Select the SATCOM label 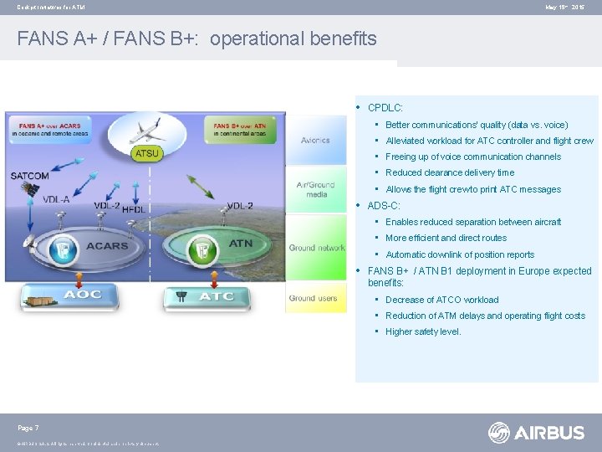(30, 175)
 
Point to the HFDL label (134, 209)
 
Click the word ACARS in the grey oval (107, 247)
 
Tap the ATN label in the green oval (241, 244)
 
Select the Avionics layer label (315, 141)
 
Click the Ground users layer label (314, 298)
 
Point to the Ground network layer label (317, 248)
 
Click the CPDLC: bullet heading (385, 108)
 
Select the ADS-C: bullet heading (384, 206)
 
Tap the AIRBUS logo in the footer (536, 432)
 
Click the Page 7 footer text (28, 429)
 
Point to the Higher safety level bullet (423, 332)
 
